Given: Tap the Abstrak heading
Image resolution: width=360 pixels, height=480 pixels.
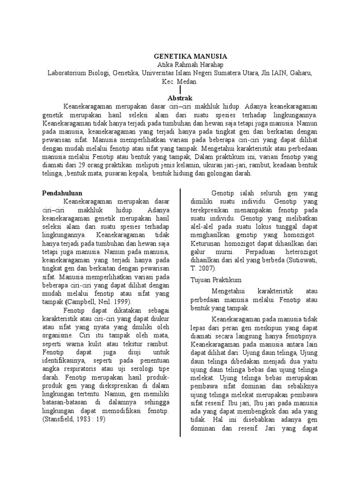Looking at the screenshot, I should (180, 97).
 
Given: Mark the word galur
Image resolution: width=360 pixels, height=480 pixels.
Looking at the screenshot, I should (199, 252).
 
